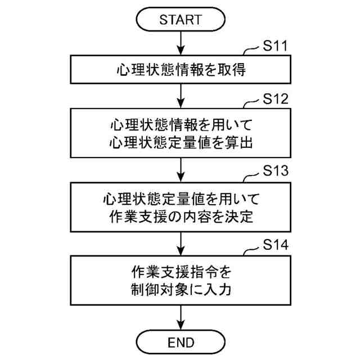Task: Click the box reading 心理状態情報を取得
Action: (x=180, y=70)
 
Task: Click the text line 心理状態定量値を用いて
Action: (x=180, y=198)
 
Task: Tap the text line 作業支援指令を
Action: (x=180, y=272)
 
